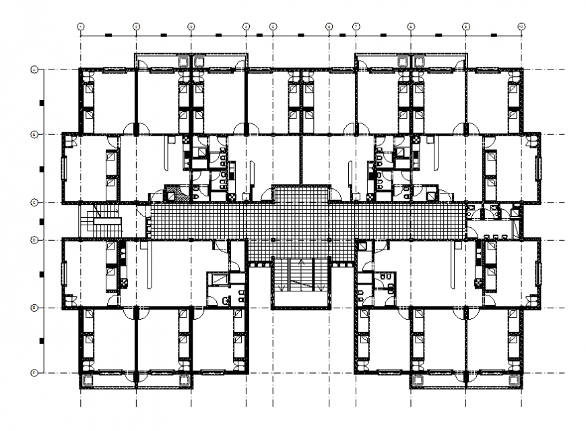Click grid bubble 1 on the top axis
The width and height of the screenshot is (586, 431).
[x=80, y=26]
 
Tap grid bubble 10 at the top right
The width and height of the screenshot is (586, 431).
[x=521, y=26]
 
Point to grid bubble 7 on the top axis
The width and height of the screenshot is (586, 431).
[x=356, y=26]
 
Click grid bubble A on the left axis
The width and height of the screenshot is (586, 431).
[x=33, y=69]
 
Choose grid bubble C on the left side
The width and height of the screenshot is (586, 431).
[x=33, y=202]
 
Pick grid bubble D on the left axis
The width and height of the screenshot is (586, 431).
[x=33, y=239]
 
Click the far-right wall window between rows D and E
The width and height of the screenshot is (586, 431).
[x=539, y=273]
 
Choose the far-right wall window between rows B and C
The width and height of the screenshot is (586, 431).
[x=539, y=169]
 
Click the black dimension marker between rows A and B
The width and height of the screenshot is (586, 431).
[x=41, y=103]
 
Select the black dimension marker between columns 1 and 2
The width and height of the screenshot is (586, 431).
[x=108, y=34]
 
